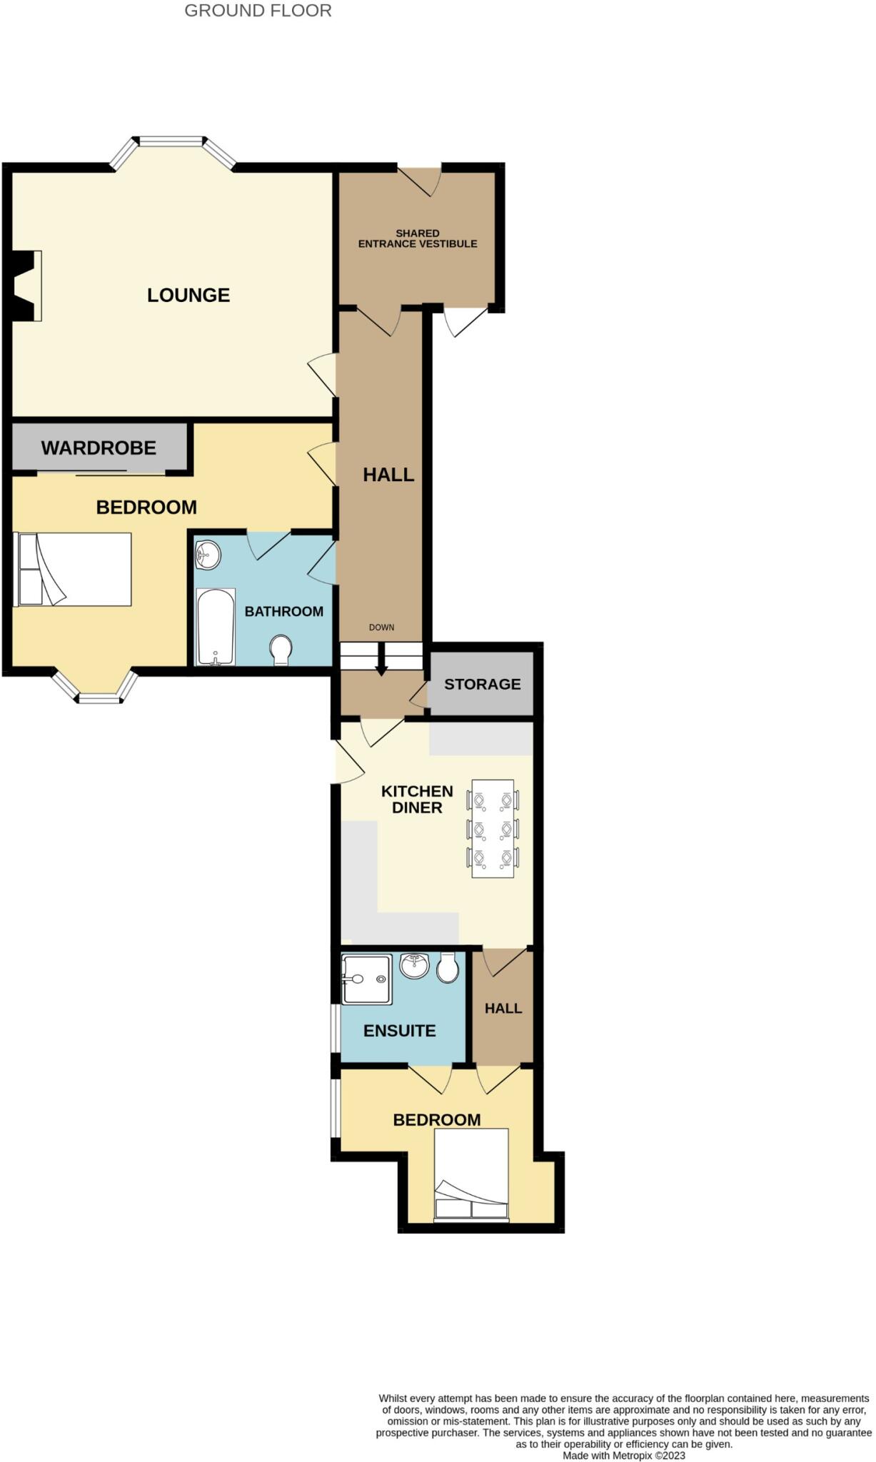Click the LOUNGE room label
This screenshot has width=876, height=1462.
(188, 295)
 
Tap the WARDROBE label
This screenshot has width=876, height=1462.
(99, 448)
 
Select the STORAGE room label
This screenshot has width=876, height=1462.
(482, 684)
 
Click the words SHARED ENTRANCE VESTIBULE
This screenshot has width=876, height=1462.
(418, 238)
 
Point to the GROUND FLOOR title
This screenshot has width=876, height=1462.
(258, 11)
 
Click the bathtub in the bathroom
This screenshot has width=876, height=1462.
(215, 626)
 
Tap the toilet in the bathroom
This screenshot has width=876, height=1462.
(281, 650)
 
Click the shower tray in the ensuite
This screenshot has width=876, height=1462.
(366, 979)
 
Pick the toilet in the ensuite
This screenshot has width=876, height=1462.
(448, 967)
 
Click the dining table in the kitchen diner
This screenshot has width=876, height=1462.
(493, 828)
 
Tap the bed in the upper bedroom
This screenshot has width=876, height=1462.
(74, 569)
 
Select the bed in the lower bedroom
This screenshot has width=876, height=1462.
(471, 1174)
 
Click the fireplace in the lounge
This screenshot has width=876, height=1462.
(26, 286)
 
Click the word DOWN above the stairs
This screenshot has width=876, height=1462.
(381, 627)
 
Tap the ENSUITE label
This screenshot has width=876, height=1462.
(399, 1031)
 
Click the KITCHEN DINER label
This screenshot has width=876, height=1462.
(417, 800)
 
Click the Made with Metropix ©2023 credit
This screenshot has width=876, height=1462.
(623, 1456)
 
